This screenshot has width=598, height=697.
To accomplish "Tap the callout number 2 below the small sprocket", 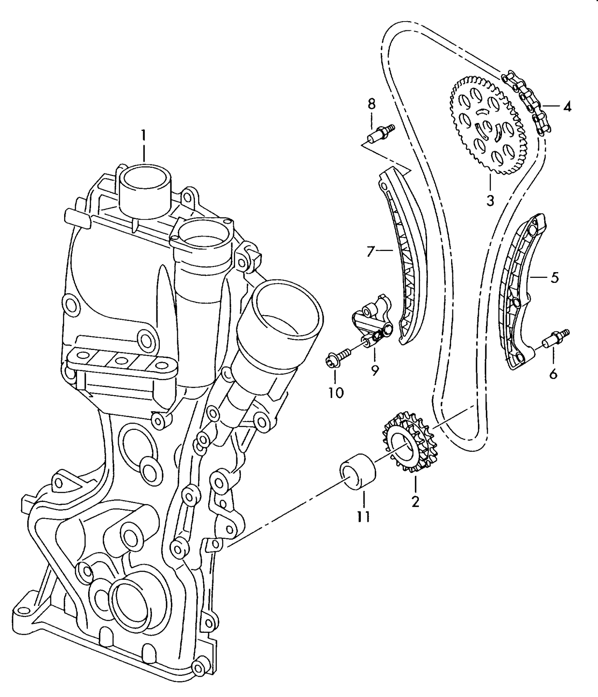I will click(x=415, y=502).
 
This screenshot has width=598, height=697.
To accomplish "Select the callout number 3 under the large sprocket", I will click(x=490, y=200).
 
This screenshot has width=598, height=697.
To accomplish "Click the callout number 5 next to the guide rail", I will click(x=555, y=277).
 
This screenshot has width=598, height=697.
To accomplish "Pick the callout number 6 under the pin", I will click(x=553, y=374).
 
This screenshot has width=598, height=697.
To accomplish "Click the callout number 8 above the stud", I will click(x=371, y=104).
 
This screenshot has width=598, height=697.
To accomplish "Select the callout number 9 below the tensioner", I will click(x=375, y=370).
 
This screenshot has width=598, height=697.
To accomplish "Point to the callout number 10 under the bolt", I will click(x=336, y=392).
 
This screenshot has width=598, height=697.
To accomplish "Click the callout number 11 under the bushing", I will click(x=363, y=516).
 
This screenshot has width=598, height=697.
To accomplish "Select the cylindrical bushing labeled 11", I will click(x=358, y=472).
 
